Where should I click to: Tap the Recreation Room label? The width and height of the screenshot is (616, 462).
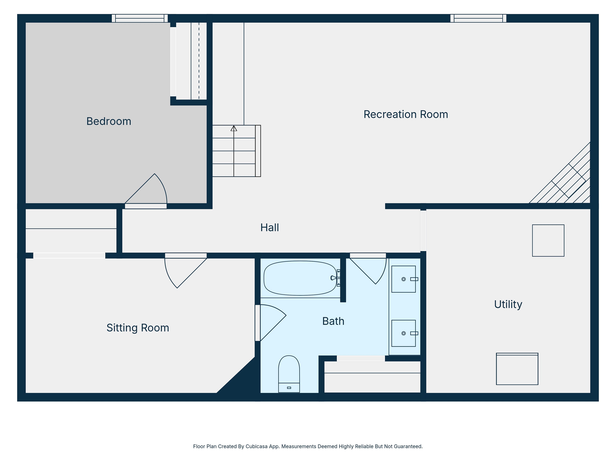[406, 114]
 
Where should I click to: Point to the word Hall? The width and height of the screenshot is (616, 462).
[269, 227]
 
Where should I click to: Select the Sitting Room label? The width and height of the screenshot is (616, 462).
[138, 328]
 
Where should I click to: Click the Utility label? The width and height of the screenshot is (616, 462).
[508, 304]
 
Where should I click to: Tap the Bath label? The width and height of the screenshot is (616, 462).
[333, 321]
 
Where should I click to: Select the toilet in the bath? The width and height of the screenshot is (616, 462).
[289, 374]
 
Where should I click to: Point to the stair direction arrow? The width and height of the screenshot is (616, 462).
[234, 128]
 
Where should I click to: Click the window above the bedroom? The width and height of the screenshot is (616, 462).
[140, 18]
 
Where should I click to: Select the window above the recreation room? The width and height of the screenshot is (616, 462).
[478, 18]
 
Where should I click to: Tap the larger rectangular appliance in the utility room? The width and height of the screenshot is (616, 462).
[517, 369]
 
